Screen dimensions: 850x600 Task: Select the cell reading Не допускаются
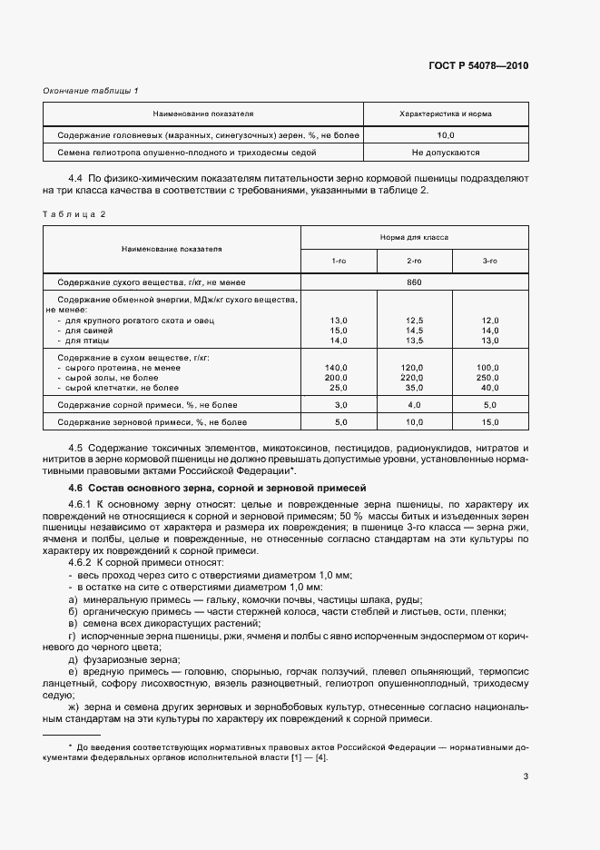point(446,153)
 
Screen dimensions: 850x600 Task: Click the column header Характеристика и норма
point(446,114)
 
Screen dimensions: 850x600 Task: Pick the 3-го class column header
point(490,261)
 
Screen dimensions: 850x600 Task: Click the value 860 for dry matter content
point(414,282)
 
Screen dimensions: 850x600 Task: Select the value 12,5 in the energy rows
point(414,321)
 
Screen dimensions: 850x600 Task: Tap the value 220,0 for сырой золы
point(414,377)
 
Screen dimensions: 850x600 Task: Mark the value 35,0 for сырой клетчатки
point(414,387)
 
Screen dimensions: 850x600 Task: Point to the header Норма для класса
point(414,236)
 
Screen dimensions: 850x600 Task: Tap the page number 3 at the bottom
point(526,776)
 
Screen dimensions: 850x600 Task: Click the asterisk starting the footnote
point(56,746)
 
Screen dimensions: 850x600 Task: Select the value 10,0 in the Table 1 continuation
point(446,134)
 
